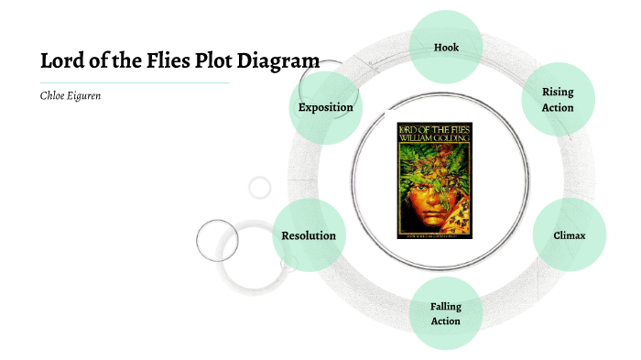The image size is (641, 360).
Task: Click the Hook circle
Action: click(x=446, y=47)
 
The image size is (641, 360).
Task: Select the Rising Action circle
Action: click(x=558, y=100)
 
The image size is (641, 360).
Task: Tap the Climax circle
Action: click(x=569, y=235)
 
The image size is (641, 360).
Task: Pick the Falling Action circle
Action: click(x=445, y=313)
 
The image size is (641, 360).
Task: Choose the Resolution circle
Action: click(x=309, y=235)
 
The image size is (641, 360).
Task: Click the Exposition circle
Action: click(x=325, y=107)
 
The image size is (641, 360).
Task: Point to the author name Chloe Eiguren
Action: click(x=70, y=96)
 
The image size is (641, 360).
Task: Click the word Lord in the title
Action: click(x=62, y=62)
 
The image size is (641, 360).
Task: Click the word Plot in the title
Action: click(x=219, y=62)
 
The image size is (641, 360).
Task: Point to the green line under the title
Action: click(x=134, y=82)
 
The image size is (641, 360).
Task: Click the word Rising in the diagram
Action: click(x=558, y=92)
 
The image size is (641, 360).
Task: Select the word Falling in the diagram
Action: click(x=445, y=306)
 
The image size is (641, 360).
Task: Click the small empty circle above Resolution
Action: click(x=260, y=188)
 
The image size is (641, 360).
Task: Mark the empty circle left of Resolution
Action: click(x=216, y=241)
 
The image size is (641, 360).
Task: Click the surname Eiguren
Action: click(x=82, y=96)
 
